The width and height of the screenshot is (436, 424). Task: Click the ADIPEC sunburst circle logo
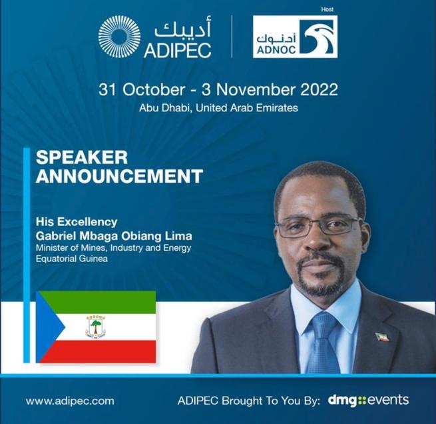point(119,37)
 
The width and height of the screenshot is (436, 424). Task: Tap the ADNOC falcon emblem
point(318,36)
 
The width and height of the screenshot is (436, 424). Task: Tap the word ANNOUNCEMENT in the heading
point(118,177)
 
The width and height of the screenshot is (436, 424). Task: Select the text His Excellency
point(77,221)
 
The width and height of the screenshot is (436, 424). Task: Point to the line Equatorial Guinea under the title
point(74,259)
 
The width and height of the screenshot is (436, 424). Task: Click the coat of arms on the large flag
point(96,327)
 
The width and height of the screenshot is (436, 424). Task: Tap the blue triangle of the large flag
point(48,327)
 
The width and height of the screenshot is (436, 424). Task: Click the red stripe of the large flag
point(107,351)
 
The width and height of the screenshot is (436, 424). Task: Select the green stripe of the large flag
point(107,302)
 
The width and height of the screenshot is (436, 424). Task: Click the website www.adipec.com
point(70,401)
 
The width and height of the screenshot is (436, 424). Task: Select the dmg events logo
point(368,401)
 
